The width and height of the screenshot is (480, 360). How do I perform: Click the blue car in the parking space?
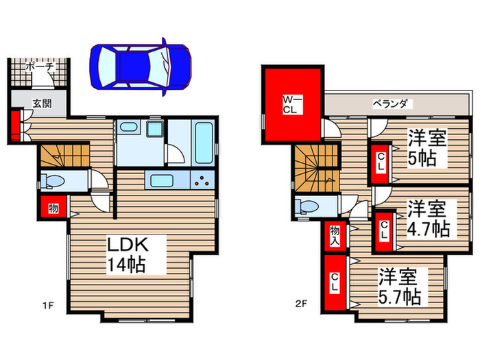pyautogui.click(x=141, y=64)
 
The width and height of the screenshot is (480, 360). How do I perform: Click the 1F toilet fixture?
pyautogui.click(x=53, y=181)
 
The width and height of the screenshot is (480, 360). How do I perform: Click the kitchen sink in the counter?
pyautogui.click(x=163, y=182)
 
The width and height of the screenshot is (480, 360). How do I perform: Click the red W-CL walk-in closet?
pyautogui.click(x=291, y=104)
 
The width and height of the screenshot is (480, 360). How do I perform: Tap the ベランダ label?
pyautogui.click(x=390, y=104)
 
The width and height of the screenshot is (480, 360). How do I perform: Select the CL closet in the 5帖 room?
pyautogui.click(x=381, y=165)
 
